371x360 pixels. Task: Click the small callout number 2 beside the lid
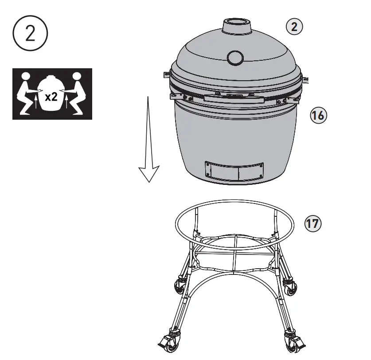coord(293,27)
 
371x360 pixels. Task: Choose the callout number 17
coord(313,223)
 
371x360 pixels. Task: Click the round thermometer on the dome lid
coord(235,57)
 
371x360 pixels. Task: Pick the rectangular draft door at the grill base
coord(234,171)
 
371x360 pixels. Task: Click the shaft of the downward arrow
coord(149,133)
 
